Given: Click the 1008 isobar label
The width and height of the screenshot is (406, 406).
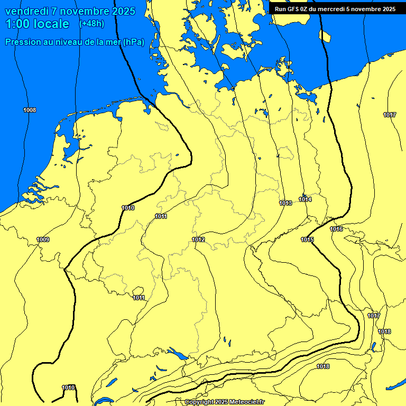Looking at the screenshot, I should [x=30, y=110].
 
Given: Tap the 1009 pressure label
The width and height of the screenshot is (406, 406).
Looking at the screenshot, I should [x=43, y=239].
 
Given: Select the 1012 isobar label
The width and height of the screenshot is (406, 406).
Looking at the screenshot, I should [x=198, y=239].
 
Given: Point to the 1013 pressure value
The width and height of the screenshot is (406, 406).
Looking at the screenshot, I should [x=286, y=203].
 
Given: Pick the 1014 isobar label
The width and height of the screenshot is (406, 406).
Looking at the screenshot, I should [x=305, y=199].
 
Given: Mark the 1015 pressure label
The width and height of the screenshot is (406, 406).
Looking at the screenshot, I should [x=308, y=239].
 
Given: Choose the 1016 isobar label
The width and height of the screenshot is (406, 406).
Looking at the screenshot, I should [x=336, y=229].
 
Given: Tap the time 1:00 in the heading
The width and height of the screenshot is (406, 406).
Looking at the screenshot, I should [x=17, y=24].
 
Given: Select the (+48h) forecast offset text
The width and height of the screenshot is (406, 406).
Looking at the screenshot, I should [x=91, y=24].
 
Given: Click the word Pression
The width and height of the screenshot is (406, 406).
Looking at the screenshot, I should [x=23, y=42].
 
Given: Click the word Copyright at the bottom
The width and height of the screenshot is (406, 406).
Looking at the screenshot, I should [x=199, y=402].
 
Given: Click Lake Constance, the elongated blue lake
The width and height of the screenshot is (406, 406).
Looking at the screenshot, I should [x=177, y=354].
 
